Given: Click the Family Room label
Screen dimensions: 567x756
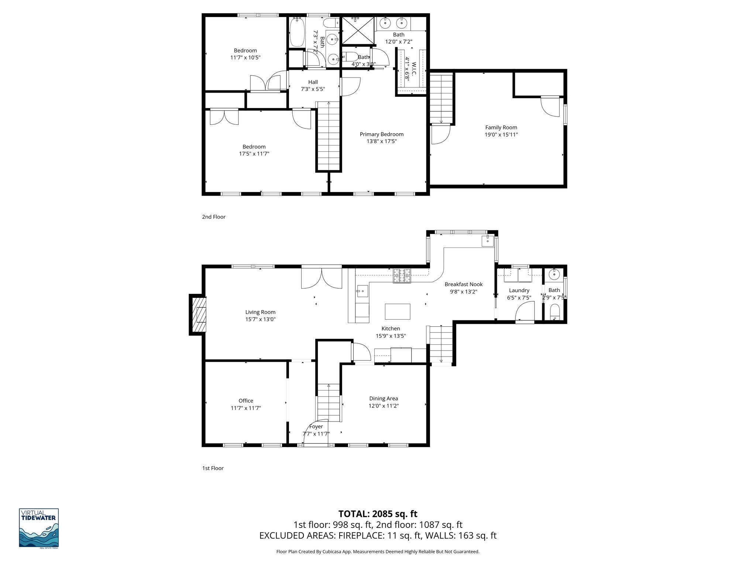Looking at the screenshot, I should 501,127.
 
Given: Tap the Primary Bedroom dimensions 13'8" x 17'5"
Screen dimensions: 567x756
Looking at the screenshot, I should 381,141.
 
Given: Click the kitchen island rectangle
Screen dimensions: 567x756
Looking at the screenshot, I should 398,311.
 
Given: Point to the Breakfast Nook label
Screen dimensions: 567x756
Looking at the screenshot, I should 463,284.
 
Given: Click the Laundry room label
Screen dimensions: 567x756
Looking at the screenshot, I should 519,291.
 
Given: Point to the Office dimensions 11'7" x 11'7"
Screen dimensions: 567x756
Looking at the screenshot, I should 246,408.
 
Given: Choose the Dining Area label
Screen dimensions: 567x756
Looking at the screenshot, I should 384,398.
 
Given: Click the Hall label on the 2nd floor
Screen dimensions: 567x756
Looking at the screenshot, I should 313,82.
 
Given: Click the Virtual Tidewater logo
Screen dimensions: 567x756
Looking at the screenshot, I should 39,528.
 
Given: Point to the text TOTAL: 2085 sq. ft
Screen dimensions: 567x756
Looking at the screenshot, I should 378,514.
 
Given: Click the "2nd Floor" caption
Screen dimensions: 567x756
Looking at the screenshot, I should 213,217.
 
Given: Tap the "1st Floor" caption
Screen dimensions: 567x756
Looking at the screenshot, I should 213,468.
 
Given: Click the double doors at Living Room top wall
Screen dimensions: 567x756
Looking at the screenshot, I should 322,277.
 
